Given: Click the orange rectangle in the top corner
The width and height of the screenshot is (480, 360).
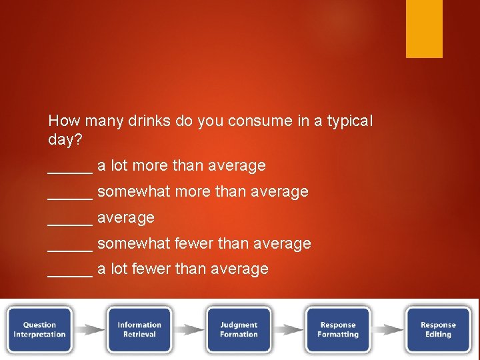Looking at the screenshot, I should click(424, 29).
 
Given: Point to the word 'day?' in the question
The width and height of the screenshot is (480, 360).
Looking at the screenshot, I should click(64, 141).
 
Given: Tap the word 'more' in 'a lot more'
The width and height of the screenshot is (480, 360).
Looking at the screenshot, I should click(152, 165).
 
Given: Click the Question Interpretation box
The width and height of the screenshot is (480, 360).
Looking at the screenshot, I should click(39, 329).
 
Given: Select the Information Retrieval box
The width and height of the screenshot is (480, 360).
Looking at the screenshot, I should click(139, 329).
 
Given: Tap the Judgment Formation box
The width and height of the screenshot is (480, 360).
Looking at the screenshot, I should click(239, 329).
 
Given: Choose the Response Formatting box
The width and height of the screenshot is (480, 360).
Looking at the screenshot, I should click(338, 329).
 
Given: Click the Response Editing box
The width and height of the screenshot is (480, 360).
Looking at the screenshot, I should click(438, 329).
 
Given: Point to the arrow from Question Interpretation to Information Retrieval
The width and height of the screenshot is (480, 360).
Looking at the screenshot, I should click(89, 329).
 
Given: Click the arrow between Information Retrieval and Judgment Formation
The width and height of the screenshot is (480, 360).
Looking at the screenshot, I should click(189, 329).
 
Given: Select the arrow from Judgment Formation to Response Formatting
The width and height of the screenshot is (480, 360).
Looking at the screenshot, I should click(288, 329).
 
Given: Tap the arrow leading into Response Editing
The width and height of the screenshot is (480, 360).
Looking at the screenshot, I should click(388, 329).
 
